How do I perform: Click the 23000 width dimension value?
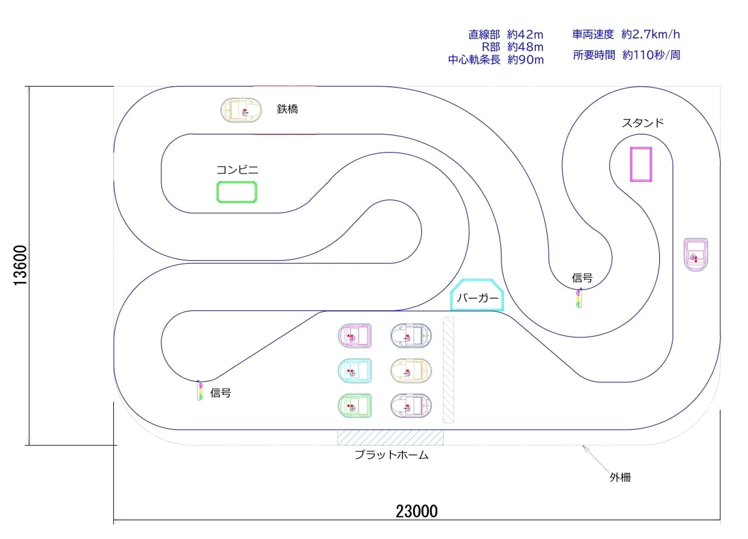point(417,512)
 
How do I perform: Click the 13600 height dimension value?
point(20,265)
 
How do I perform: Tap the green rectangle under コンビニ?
point(237,192)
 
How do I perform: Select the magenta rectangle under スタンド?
point(641,164)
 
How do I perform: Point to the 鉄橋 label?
point(287,109)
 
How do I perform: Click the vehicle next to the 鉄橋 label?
point(241,110)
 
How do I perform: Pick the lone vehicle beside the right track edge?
point(696,254)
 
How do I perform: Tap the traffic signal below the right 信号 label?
point(579,298)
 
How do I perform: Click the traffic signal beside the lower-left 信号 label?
point(200,391)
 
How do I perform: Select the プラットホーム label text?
point(392,455)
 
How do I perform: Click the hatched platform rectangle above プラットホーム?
point(390,438)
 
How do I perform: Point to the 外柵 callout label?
point(620,477)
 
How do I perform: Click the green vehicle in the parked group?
point(355,406)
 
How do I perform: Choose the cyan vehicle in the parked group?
point(355,371)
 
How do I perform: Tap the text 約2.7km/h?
point(650,34)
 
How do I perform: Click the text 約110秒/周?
point(651,55)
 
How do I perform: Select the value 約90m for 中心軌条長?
point(525,60)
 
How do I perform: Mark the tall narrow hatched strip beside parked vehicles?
point(448,370)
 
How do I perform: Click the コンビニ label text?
point(237,170)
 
